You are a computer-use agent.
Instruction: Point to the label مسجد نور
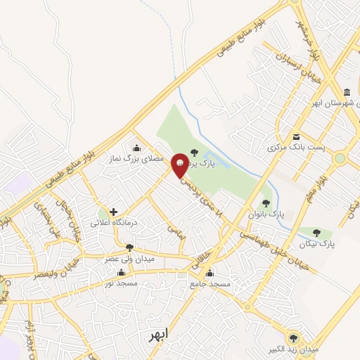(120, 283)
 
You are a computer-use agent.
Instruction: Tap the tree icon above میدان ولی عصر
(129, 247)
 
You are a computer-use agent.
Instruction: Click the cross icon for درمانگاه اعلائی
(112, 211)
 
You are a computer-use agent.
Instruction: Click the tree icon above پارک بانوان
(265, 203)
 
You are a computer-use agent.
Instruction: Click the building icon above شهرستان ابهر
(347, 94)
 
